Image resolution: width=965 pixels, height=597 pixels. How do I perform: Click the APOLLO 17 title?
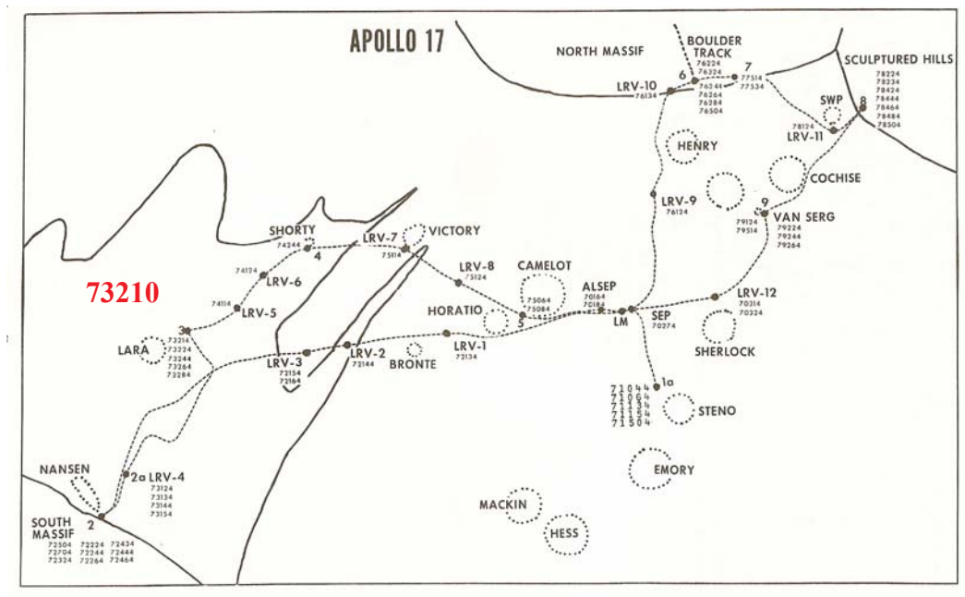coord(397,41)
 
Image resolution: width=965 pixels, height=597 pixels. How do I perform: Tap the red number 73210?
coord(123,292)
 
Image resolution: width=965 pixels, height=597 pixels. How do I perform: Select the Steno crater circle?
coord(680,408)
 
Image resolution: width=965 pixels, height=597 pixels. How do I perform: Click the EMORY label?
coord(673,469)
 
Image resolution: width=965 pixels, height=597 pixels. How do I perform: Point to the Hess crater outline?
coord(564,534)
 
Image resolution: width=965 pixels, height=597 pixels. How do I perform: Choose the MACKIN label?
coord(503,505)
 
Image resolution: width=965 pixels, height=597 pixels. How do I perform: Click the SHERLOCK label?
coord(725,351)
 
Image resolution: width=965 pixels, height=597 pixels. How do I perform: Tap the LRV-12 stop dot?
coord(716,297)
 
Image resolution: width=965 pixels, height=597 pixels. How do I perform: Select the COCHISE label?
coord(835,178)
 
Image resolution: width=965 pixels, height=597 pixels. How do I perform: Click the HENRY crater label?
coord(696,146)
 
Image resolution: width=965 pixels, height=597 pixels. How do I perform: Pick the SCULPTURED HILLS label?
coord(899,59)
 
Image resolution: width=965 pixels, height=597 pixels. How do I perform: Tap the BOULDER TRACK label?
coord(709,46)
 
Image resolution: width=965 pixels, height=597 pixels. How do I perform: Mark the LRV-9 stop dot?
coord(653,194)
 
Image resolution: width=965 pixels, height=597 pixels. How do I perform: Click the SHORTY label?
coord(293,230)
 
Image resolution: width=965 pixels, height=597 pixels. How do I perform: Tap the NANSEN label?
coord(65,469)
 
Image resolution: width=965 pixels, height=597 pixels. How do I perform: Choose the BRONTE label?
coord(413,364)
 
